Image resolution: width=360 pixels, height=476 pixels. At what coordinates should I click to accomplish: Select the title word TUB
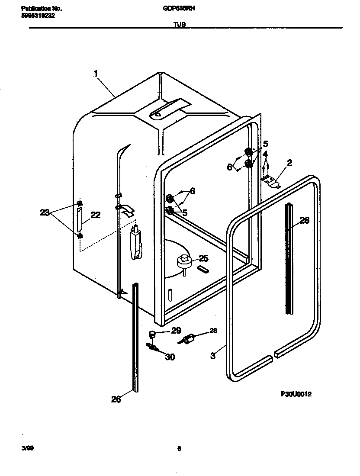pyautogui.click(x=180, y=25)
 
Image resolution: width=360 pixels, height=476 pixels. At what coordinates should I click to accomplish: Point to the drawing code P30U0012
pyautogui.click(x=296, y=394)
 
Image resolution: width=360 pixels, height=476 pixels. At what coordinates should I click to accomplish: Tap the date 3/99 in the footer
pyautogui.click(x=27, y=448)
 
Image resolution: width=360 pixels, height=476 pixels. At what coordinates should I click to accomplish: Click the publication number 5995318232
pyautogui.click(x=38, y=15)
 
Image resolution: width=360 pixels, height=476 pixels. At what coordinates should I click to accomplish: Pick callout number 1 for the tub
pyautogui.click(x=96, y=74)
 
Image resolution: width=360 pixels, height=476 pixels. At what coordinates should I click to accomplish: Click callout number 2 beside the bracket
pyautogui.click(x=289, y=163)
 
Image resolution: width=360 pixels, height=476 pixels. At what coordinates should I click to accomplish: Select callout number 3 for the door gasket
pyautogui.click(x=213, y=356)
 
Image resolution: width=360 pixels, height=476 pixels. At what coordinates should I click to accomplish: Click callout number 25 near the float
pyautogui.click(x=203, y=259)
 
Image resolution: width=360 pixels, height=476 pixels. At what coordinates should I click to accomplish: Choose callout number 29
pyautogui.click(x=176, y=331)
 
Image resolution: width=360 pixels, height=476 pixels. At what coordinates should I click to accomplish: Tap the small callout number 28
pyautogui.click(x=214, y=331)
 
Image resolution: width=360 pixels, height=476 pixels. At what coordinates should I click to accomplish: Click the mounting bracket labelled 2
pyautogui.click(x=271, y=182)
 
